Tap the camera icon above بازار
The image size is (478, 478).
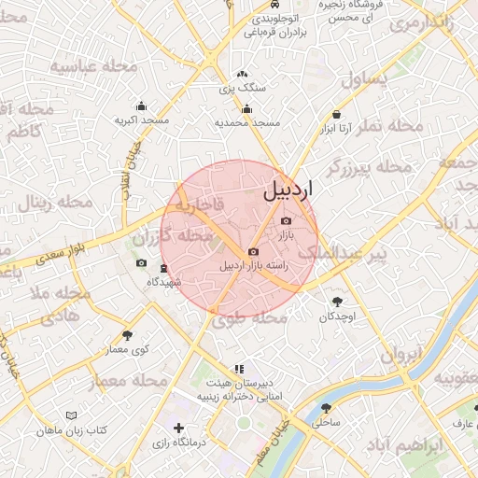point(286,220)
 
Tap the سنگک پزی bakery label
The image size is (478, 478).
point(243,89)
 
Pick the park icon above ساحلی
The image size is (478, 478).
point(326,408)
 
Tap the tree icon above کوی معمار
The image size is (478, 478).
point(127,334)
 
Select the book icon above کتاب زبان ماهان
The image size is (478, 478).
point(72,415)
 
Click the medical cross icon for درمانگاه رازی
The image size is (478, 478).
point(179,428)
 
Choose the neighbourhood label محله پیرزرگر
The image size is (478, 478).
point(369,167)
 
